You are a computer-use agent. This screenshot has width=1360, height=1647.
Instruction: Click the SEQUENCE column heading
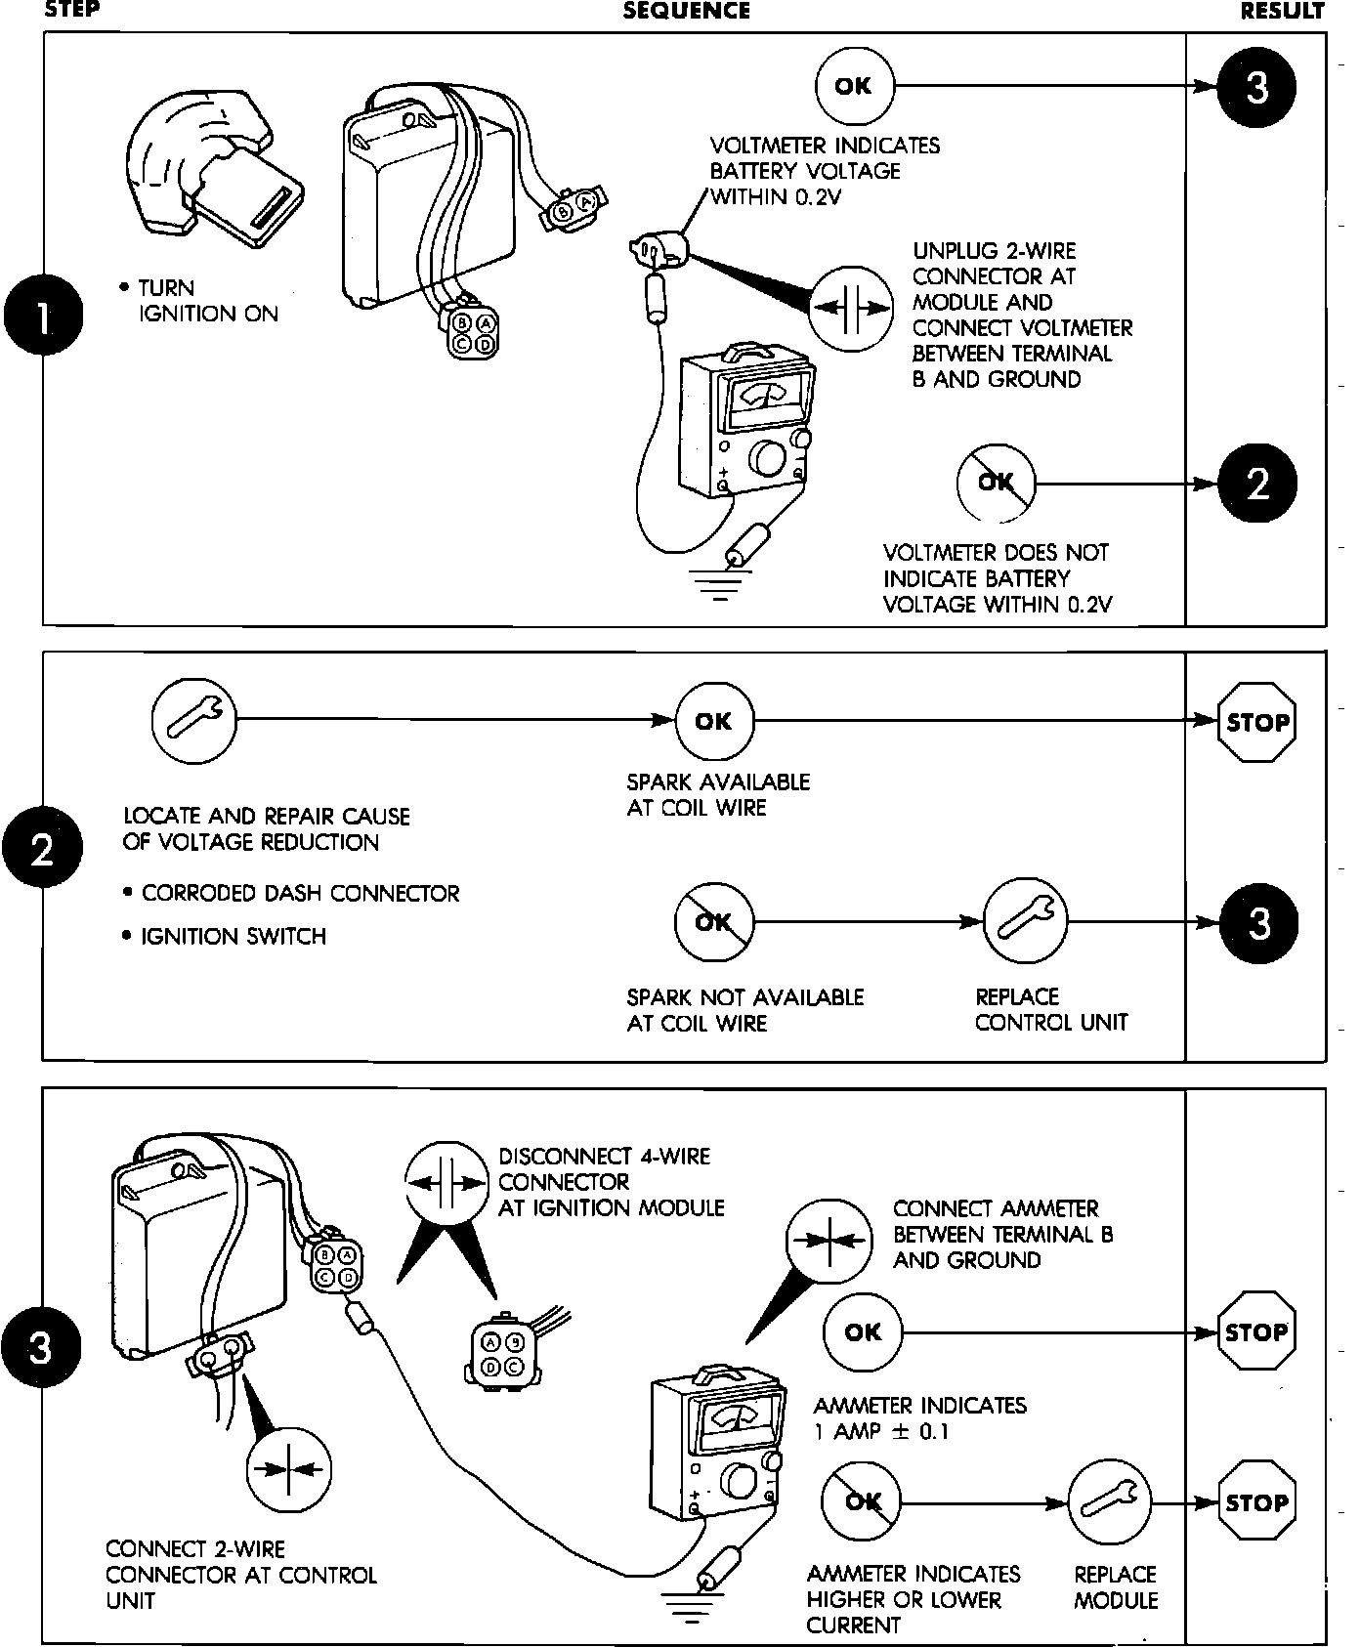[686, 11]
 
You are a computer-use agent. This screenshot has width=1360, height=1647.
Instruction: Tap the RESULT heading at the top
[1282, 11]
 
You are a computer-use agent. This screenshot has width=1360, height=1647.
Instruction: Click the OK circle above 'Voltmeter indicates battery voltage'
[854, 86]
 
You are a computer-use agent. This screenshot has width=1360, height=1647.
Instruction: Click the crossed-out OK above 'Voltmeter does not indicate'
[996, 483]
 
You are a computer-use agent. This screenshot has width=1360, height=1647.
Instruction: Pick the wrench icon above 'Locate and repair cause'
[194, 722]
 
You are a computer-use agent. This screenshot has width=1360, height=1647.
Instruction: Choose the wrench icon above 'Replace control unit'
[1025, 921]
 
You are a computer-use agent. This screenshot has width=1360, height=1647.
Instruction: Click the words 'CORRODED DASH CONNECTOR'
[300, 894]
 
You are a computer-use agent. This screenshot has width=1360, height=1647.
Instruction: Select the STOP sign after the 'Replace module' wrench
[1257, 1501]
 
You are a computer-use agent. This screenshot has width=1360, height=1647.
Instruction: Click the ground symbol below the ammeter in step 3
[692, 1603]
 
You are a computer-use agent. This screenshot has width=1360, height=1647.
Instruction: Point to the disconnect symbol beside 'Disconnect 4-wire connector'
[446, 1183]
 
